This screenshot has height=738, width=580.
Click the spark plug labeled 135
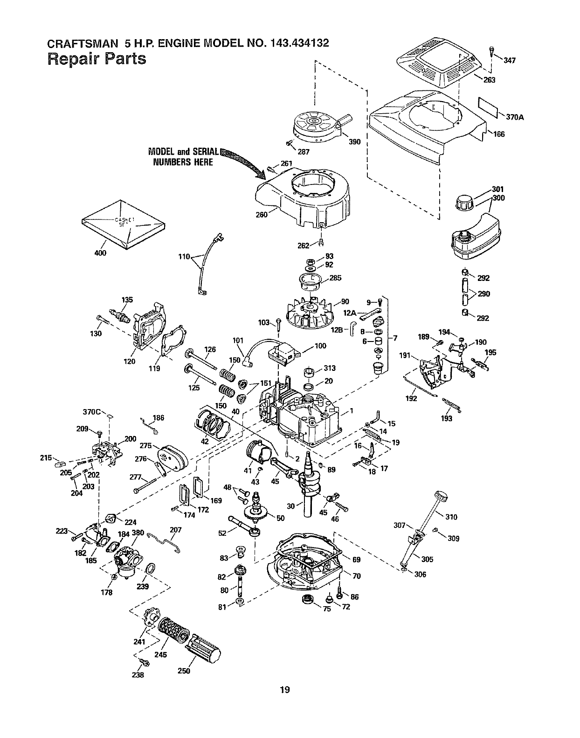click(120, 314)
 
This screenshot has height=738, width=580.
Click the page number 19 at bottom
click(285, 690)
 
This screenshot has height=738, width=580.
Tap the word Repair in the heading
click(74, 59)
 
